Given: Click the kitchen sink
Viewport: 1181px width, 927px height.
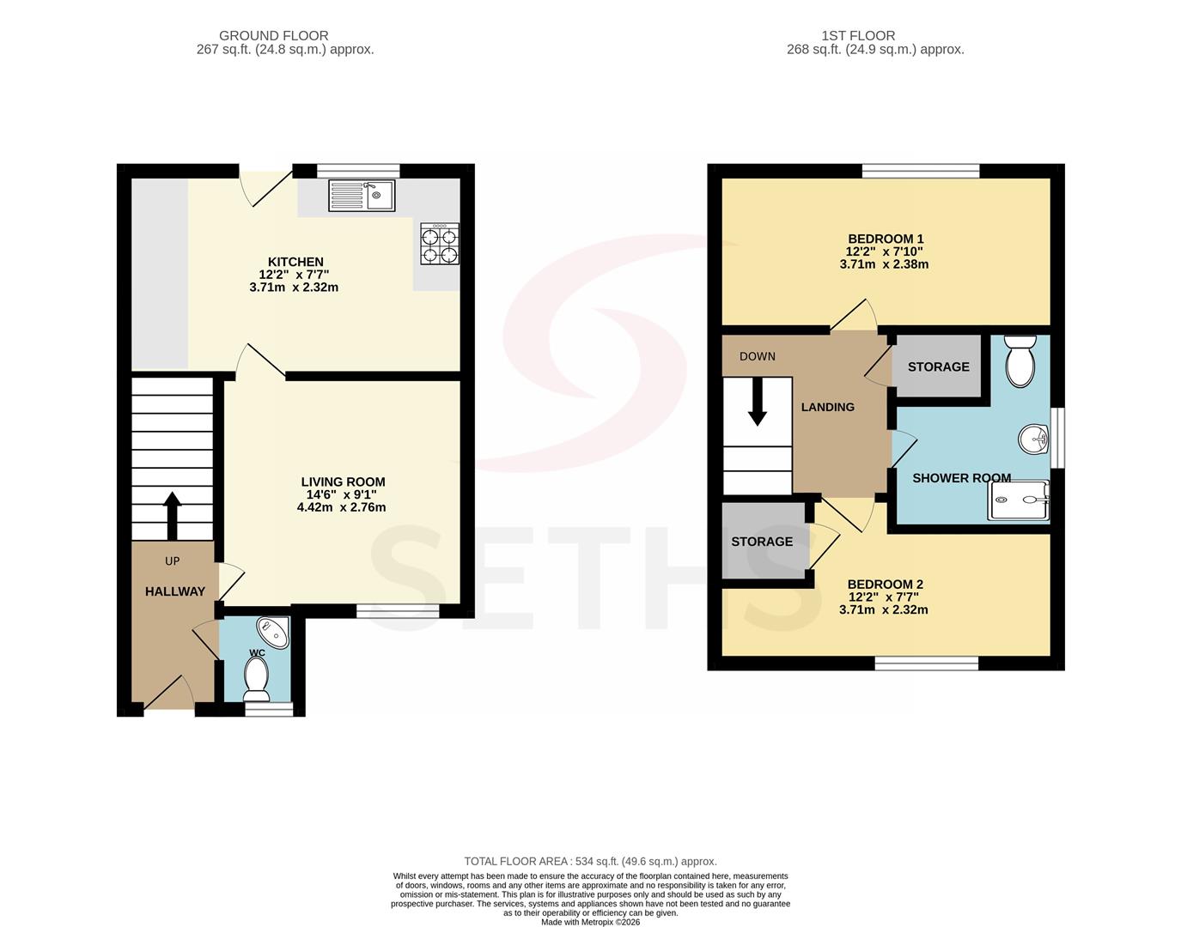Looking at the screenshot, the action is click(x=362, y=196).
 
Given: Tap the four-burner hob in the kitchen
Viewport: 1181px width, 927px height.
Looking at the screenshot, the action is click(x=440, y=244).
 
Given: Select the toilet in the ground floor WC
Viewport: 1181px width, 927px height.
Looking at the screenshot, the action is click(x=256, y=679).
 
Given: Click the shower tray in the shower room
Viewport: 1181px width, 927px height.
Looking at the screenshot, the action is click(x=1020, y=500).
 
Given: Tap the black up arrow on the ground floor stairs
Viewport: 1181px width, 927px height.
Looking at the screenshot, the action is click(x=173, y=515).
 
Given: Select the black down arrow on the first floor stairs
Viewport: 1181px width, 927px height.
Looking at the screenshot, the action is click(x=757, y=402).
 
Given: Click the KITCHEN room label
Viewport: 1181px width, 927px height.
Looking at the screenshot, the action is click(x=295, y=262).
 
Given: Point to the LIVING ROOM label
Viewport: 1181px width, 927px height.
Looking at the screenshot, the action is click(x=343, y=482).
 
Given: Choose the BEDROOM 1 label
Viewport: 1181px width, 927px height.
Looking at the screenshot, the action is click(x=886, y=239).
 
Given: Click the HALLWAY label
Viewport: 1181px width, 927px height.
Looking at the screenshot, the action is click(x=175, y=591).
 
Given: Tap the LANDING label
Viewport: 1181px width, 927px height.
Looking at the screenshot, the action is click(x=828, y=407).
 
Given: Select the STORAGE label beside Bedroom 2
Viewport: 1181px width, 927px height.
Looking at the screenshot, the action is click(x=762, y=542).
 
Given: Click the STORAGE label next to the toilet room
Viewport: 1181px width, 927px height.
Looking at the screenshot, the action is click(x=939, y=367).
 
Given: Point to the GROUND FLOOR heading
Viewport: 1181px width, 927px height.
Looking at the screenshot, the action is click(x=274, y=36).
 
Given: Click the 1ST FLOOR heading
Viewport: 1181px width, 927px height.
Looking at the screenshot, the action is click(x=858, y=36).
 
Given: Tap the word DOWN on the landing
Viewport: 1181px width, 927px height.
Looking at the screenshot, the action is click(x=758, y=356).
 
